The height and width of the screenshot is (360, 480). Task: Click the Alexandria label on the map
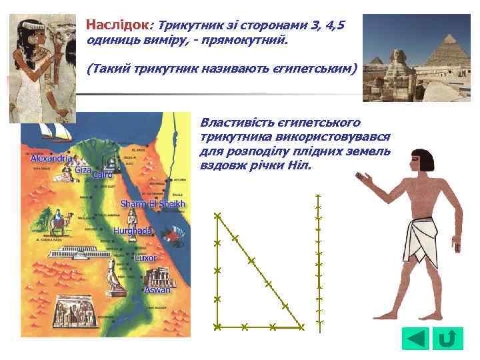pos(51,160)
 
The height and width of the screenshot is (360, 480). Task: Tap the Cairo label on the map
pos(102,175)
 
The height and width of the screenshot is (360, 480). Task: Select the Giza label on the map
pos(83,170)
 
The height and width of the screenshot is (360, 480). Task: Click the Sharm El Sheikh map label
pos(153,203)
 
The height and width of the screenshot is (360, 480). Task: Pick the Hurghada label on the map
pos(133,231)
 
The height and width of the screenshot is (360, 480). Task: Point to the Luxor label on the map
pos(145,257)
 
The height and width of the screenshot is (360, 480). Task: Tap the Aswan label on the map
pos(159,290)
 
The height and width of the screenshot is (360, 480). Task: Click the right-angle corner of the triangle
pos(217,327)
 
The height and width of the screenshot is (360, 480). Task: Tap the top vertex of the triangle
pos(217,215)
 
